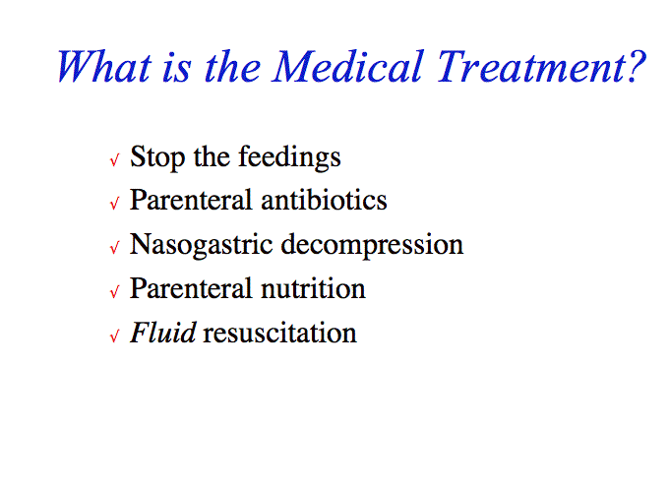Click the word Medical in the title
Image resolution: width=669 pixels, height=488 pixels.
pos(347,67)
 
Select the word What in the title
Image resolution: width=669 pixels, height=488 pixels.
pos(104,67)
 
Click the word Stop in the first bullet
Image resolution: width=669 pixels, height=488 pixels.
pos(157,157)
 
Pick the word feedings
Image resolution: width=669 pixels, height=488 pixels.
pos(289,157)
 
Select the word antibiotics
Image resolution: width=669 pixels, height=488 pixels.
pos(324,200)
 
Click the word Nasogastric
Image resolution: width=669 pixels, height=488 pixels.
pos(201,245)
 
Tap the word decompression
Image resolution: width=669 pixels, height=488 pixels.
pos(372,245)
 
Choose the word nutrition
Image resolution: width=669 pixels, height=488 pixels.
pos(313,289)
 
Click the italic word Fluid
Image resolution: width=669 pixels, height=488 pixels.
pos(163,333)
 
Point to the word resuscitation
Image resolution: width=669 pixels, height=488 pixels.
pos(279,333)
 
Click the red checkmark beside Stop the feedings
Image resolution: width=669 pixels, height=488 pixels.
pos(114,160)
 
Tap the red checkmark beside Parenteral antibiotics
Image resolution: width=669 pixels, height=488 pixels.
pos(114,203)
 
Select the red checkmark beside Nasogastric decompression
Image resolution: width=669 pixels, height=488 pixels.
pos(114,248)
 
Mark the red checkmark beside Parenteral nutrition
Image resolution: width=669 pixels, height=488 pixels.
pos(114,292)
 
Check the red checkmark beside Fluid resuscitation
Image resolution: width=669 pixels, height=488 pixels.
pos(114,336)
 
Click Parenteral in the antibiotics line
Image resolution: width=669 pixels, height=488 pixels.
pos(191,200)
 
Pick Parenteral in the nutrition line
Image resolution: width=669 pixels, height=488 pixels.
pos(191,289)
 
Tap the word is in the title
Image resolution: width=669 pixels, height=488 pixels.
pos(176,68)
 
